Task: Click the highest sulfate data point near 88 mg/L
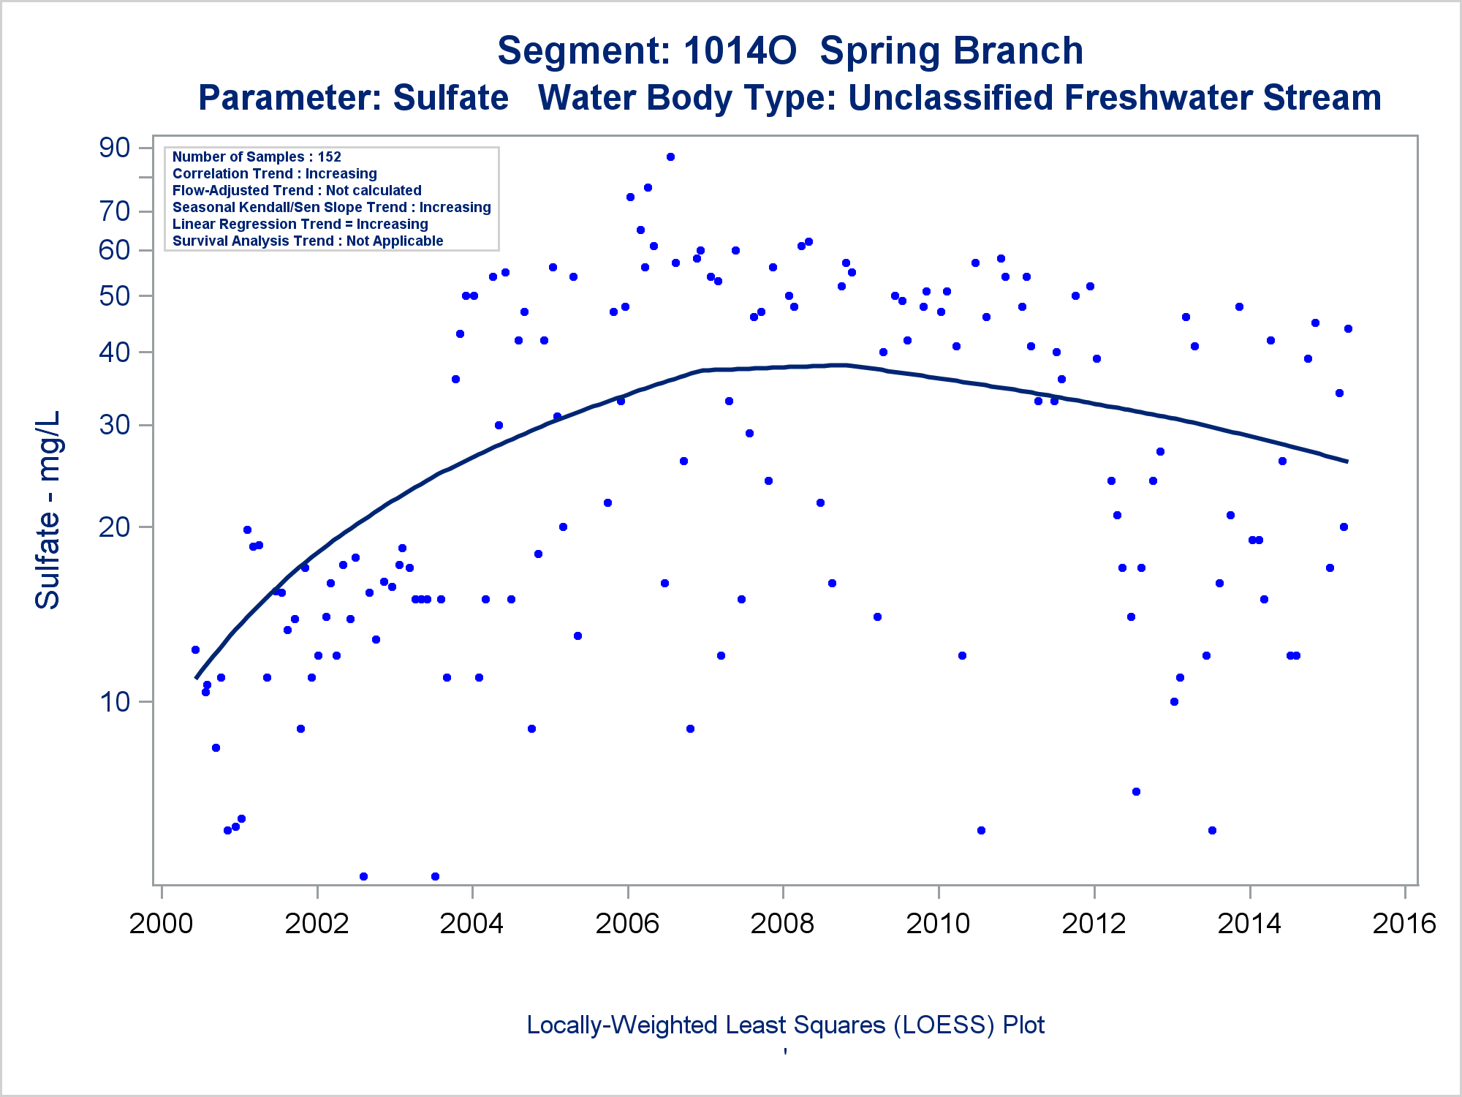670,157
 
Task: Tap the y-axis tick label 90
115,148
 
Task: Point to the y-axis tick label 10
115,702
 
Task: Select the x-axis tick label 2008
782,924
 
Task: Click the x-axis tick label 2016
1404,924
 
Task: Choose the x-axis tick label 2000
161,924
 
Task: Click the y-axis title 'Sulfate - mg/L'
48,510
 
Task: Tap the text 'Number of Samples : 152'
257,157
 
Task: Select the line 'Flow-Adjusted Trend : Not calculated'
297,190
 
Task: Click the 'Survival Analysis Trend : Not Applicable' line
308,241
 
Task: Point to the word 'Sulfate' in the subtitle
450,98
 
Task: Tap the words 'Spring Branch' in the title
951,51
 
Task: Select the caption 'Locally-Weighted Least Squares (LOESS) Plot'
785,1025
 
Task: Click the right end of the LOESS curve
1347,461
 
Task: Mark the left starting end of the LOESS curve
196,678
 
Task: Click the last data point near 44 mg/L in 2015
1348,328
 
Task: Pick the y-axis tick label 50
115,296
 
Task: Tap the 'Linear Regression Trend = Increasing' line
300,224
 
